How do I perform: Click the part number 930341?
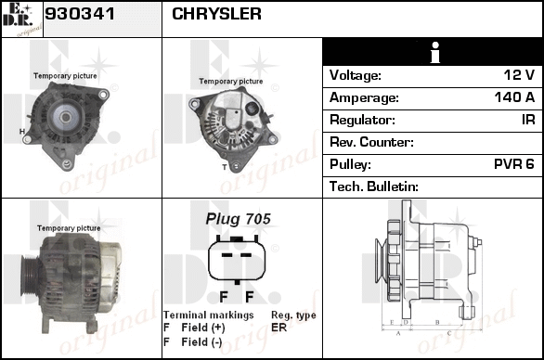click(80, 14)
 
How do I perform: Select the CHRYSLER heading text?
click(216, 14)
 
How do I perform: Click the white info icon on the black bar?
click(434, 52)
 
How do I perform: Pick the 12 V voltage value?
click(519, 75)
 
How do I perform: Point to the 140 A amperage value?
click(514, 97)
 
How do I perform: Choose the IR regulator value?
click(528, 120)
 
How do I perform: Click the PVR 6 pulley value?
click(513, 164)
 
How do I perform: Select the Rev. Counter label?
click(371, 142)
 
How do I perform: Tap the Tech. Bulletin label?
click(374, 186)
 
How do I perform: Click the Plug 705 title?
click(238, 219)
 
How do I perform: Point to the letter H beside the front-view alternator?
click(22, 132)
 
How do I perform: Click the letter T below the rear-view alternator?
click(225, 168)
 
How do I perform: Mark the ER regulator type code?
click(278, 328)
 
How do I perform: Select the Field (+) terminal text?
click(203, 328)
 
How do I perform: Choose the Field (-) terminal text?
click(202, 342)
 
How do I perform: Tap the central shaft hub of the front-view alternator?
click(65, 117)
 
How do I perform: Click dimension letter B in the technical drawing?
click(437, 322)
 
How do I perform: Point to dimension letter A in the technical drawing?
click(398, 333)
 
